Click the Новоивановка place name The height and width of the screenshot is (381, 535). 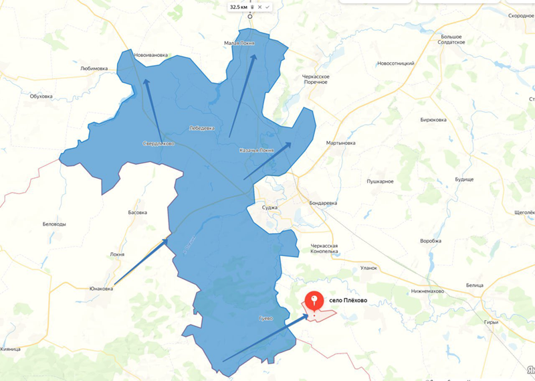150,55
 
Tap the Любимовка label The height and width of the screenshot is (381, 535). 94,68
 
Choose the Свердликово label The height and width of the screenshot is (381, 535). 158,143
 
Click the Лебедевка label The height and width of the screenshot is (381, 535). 202,127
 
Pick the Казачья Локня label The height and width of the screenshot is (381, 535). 256,150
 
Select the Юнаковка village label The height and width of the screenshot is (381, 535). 101,289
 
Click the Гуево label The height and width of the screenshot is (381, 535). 265,318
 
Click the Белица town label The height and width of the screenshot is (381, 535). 475,285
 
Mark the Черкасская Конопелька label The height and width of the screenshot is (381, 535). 324,249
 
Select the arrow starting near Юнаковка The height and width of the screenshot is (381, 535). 140,261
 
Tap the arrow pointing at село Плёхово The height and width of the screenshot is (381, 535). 257,338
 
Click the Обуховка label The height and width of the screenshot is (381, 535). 41,96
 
